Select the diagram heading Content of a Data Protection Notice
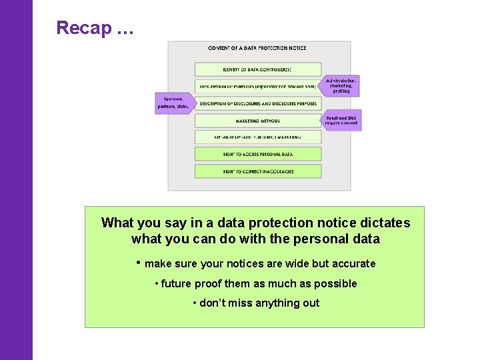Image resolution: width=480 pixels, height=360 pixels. point(258,49)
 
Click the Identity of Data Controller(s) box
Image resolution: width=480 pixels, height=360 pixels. point(257,69)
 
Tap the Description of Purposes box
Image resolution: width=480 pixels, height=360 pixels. point(257,86)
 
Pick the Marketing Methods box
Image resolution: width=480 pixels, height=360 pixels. point(257,121)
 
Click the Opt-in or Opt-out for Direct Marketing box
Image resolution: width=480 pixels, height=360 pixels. point(257,137)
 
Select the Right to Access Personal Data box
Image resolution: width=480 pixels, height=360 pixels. point(257,154)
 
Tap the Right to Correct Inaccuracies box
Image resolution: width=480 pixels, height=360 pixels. point(257,171)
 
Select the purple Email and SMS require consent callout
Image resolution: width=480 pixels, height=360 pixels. point(342,120)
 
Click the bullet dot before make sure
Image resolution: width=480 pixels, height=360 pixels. point(138,262)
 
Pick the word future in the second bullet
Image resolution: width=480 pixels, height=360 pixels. point(176,284)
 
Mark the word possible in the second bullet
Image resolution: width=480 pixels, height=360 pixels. point(336,284)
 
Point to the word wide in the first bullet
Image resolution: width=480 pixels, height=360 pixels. point(298,264)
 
